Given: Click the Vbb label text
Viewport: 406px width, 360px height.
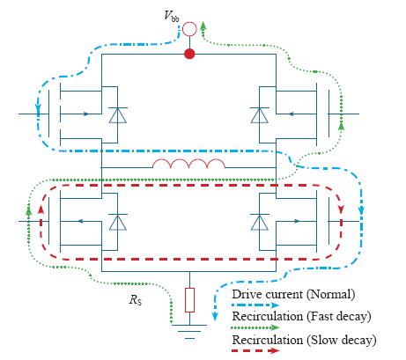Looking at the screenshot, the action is click(172, 16).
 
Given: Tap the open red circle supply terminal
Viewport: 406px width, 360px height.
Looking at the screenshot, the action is click(189, 29).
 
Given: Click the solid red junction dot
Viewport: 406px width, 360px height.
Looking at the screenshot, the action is click(189, 54).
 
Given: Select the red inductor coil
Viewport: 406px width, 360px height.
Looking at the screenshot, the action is click(188, 164).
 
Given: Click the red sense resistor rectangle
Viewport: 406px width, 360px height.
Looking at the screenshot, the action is click(189, 300).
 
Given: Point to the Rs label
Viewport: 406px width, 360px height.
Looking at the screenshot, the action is click(136, 300).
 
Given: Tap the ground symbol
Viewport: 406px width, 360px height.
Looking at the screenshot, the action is click(189, 332).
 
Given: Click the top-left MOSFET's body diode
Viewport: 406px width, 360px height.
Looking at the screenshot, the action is click(118, 115).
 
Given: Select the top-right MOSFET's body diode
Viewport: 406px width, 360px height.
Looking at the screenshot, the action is click(260, 115).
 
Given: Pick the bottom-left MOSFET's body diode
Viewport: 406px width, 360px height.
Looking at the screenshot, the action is click(118, 222).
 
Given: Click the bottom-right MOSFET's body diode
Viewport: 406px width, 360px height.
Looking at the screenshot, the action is click(260, 222).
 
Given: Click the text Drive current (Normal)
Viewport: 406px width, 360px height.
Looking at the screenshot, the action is click(293, 294).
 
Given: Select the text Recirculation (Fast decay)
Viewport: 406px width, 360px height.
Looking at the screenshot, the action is click(301, 316).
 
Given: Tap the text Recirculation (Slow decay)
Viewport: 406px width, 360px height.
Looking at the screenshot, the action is click(304, 340).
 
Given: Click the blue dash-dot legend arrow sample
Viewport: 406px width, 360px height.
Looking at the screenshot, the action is click(255, 305).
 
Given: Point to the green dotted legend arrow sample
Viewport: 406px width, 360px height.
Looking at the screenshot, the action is click(255, 327).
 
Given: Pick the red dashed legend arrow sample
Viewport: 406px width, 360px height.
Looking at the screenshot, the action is click(255, 350).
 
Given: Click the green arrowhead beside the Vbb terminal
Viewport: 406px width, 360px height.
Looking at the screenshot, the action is click(203, 26).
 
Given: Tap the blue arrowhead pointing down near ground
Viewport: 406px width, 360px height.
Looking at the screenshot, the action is click(215, 316).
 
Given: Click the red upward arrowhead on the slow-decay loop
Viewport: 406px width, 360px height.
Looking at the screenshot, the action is click(41, 209).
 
